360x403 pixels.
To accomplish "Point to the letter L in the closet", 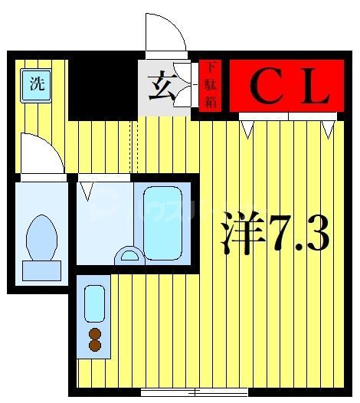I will click(314, 87).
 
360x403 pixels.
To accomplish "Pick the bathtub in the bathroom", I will click(162, 223).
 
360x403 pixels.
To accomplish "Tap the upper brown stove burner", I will click(95, 333).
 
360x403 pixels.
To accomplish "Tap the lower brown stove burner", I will click(95, 346).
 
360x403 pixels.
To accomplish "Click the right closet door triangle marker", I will click(328, 128).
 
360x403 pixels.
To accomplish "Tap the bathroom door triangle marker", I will click(87, 187).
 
